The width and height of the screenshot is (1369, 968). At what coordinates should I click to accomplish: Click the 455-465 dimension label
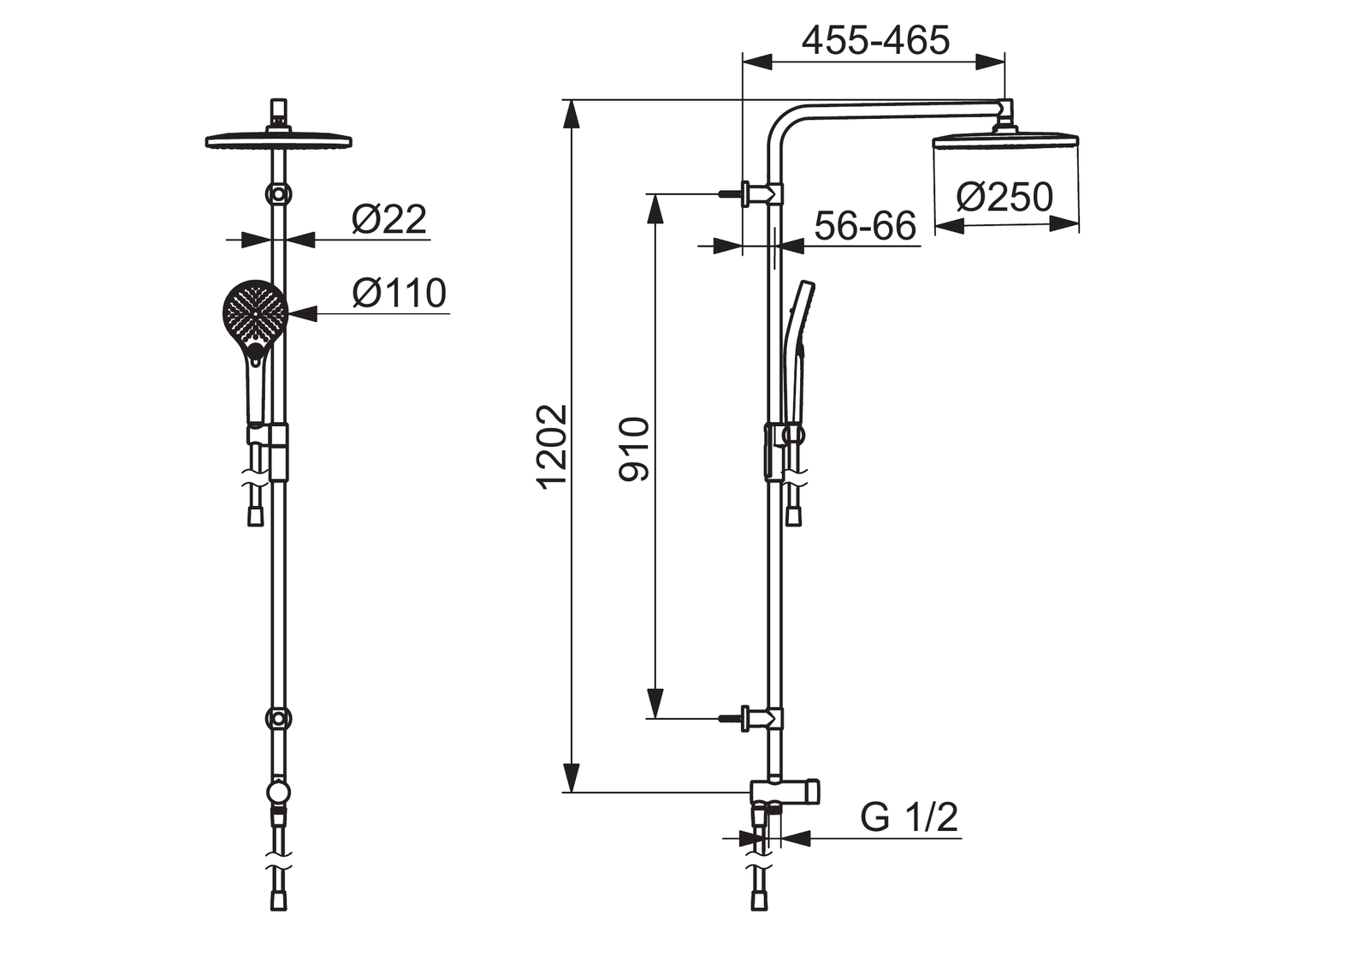875,40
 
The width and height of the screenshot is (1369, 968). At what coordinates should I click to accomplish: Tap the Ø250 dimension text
1005,197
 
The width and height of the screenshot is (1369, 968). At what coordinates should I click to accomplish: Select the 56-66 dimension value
865,226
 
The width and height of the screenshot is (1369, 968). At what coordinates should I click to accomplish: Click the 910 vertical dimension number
634,449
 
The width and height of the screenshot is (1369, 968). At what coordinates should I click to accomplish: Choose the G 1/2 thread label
909,817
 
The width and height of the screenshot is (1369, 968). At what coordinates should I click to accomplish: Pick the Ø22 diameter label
388,219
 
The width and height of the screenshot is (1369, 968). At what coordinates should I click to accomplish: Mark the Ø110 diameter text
399,293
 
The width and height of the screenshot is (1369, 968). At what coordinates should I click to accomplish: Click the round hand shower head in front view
255,312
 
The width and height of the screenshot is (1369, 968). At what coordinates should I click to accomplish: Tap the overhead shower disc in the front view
279,140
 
